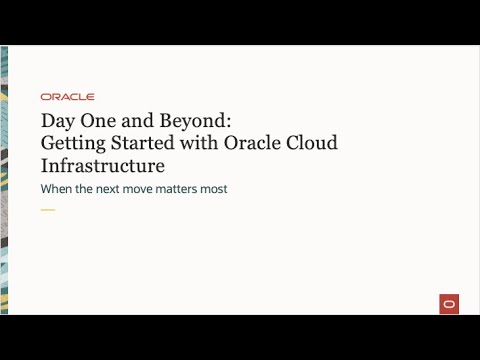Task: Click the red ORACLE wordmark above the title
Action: tap(68, 97)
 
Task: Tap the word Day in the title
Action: tap(58, 120)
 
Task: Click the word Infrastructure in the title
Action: tap(103, 165)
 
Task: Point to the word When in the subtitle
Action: tap(58, 189)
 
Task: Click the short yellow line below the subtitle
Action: tap(48, 210)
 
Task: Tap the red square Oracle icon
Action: tap(449, 304)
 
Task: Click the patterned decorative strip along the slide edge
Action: tap(6, 180)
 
